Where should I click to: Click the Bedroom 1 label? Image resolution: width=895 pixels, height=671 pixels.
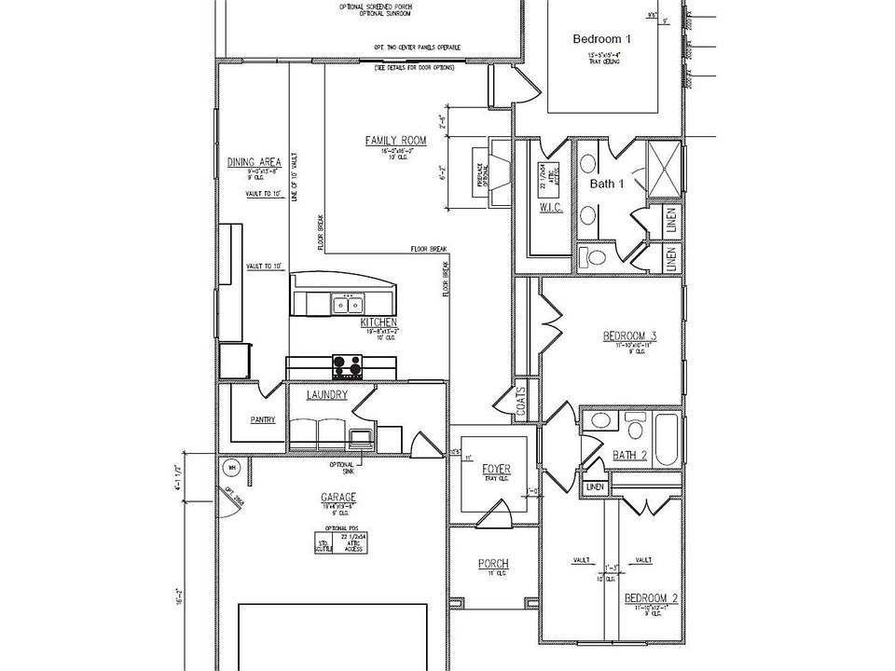[x=601, y=40]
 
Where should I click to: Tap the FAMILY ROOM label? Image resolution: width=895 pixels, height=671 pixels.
[x=395, y=141]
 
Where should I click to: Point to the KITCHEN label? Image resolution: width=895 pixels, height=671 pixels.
[x=379, y=322]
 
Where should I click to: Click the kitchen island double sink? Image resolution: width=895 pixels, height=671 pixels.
[x=350, y=304]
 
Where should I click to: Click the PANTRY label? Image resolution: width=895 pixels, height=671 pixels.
[x=263, y=419]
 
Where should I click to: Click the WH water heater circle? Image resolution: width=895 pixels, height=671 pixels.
[x=231, y=467]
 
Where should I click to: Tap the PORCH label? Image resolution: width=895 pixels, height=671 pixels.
[x=492, y=564]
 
